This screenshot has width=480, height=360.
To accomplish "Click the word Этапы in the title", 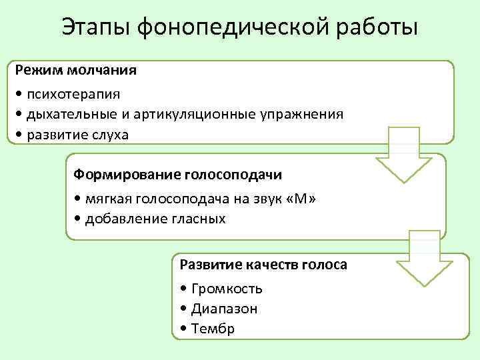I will click(x=96, y=27).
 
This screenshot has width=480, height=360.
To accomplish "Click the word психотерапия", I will click(x=73, y=94).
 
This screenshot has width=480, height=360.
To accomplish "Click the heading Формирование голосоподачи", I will click(x=177, y=175).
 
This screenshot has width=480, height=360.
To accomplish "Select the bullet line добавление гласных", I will click(x=155, y=219).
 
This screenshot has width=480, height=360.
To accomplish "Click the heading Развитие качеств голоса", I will click(x=263, y=265).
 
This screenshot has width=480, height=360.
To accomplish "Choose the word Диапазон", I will click(x=223, y=309).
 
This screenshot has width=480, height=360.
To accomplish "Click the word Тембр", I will click(x=213, y=329).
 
